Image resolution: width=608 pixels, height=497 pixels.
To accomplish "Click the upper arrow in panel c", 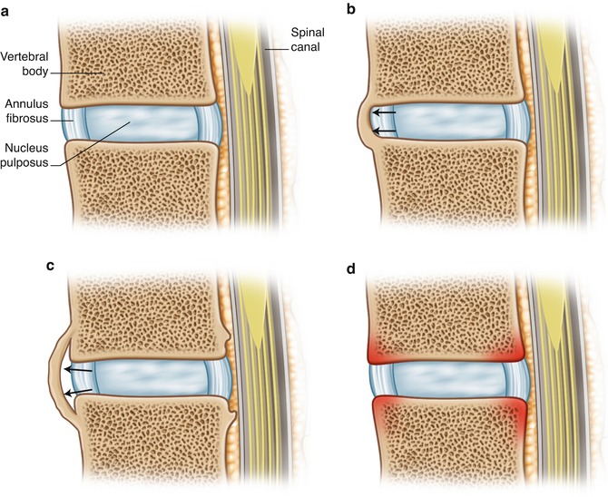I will click(x=79, y=369).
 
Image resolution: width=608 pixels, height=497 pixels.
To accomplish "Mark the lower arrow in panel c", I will click(x=77, y=389).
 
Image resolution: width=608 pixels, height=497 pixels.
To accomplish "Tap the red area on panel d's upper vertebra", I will click(x=445, y=346).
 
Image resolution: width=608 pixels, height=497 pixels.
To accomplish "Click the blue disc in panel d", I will click(x=445, y=376).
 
